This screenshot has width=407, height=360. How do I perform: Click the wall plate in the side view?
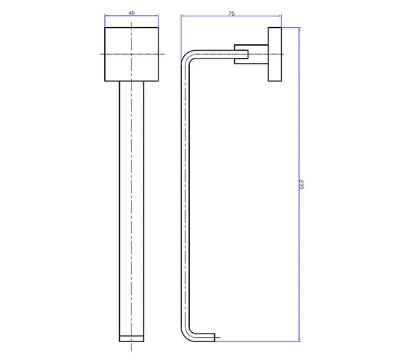[275, 55]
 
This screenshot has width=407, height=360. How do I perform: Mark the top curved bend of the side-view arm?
[188, 59]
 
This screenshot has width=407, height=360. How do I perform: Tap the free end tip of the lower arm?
[216, 336]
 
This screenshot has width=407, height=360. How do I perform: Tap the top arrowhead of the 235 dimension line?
[298, 31]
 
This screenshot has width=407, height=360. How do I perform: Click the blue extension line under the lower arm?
[257, 339]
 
